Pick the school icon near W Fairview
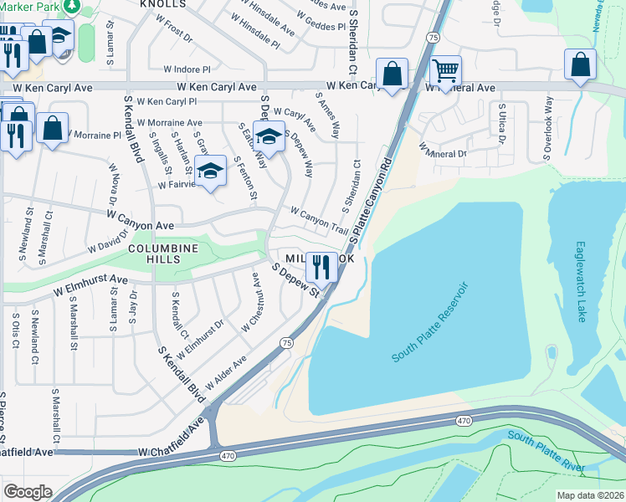point(211,170)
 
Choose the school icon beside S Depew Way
point(269,136)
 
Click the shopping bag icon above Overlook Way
point(580,65)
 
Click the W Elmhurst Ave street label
point(90,286)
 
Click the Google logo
point(28,492)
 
